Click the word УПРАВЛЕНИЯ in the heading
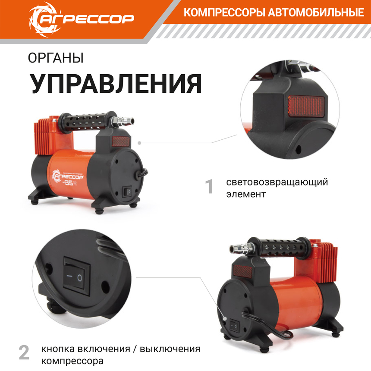coord(116,84)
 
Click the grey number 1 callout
coord(209,187)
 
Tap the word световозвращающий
coord(277,182)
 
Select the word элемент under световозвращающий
coord(246,194)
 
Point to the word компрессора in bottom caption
coord(72,360)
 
